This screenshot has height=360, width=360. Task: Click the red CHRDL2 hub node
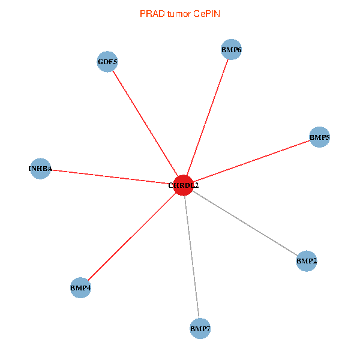tap(183, 185)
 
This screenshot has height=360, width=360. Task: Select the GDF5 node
tap(107, 62)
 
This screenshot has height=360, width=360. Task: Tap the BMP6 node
tap(231, 50)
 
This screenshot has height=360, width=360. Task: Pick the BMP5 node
tap(319, 137)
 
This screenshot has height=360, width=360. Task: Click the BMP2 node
tap(306, 261)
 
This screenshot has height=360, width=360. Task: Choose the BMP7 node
tap(200, 329)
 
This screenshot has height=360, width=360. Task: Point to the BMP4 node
tap(80, 288)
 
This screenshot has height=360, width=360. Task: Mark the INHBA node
tap(40, 169)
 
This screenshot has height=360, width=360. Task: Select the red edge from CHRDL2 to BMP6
tap(207, 118)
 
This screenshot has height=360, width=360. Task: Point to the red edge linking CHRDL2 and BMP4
tap(132, 236)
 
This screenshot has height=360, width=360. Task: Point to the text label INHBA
tap(40, 169)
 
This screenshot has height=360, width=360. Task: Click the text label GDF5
tap(107, 62)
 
